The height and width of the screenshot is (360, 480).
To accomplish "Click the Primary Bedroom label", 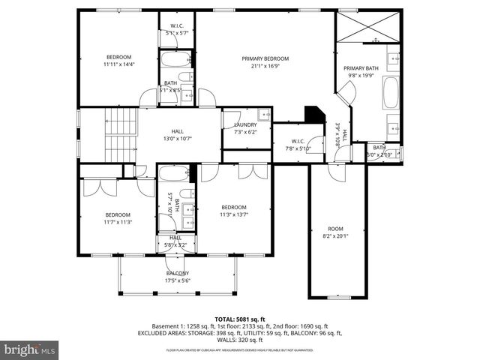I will [264, 58].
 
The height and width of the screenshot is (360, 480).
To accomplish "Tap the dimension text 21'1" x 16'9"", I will [264, 66].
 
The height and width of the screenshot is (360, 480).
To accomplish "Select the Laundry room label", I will [245, 124].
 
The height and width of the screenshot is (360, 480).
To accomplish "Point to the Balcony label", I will [178, 273].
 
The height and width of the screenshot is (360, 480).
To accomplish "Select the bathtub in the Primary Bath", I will [391, 92].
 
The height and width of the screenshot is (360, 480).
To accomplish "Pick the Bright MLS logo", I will [30, 349].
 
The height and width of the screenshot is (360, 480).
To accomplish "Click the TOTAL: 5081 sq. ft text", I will [240, 318].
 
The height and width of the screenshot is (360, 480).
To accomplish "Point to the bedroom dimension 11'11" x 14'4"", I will [118, 65].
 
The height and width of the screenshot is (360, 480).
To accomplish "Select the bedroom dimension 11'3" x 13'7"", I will [233, 214].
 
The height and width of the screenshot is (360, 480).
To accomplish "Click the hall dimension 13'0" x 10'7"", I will [177, 138].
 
